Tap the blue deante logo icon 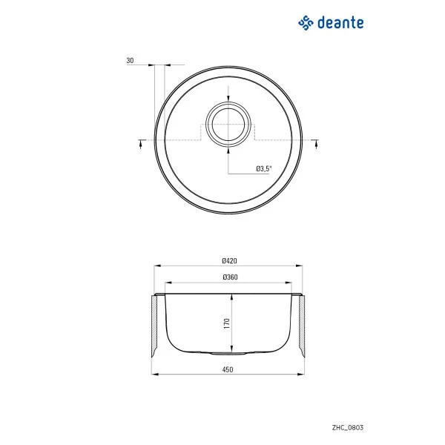pos(306,23)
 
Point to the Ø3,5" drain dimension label pos(264,169)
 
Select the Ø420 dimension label pos(228,261)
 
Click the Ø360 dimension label pos(228,277)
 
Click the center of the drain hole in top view pos(228,123)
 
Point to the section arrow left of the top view pos(141,144)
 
